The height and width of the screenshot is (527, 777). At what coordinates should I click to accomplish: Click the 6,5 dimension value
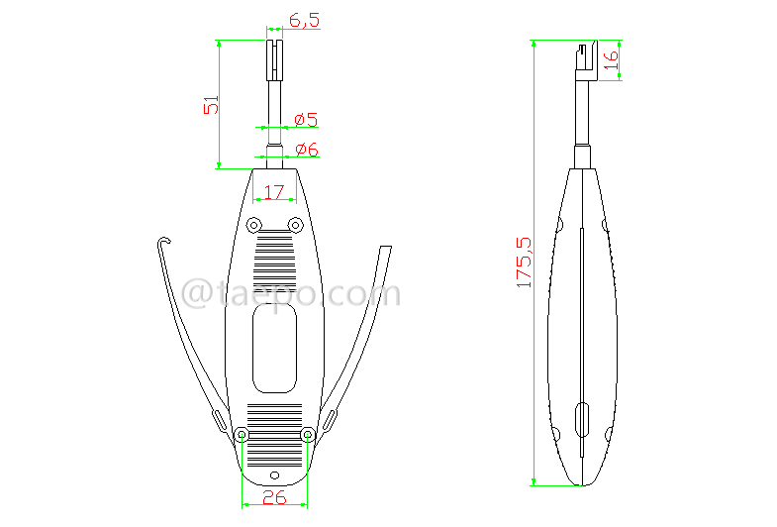[x=304, y=20]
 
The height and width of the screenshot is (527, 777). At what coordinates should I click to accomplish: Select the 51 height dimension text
[x=211, y=105]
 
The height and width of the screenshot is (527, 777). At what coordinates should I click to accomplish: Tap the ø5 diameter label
[x=306, y=121]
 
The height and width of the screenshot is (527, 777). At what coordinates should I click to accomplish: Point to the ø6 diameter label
[x=306, y=151]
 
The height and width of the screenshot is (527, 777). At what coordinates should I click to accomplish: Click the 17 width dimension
[x=274, y=190]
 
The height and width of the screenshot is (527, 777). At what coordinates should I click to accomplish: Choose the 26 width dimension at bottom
[x=274, y=497]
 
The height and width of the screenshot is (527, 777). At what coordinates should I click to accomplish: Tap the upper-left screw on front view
[x=253, y=223]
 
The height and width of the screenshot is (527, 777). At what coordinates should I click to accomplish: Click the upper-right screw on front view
[x=295, y=223]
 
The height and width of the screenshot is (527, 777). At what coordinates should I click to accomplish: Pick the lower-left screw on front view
[x=241, y=434]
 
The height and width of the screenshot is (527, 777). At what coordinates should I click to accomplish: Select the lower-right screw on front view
[x=308, y=434]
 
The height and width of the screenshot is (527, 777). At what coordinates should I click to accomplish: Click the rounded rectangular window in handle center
[x=274, y=348]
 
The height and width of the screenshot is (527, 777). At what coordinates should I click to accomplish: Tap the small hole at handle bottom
[x=275, y=473]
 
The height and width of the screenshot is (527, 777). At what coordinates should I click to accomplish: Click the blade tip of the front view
[x=274, y=54]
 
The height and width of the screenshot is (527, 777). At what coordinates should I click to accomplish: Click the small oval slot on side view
[x=582, y=419]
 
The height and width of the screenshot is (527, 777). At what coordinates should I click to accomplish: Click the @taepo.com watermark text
[x=293, y=294]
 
